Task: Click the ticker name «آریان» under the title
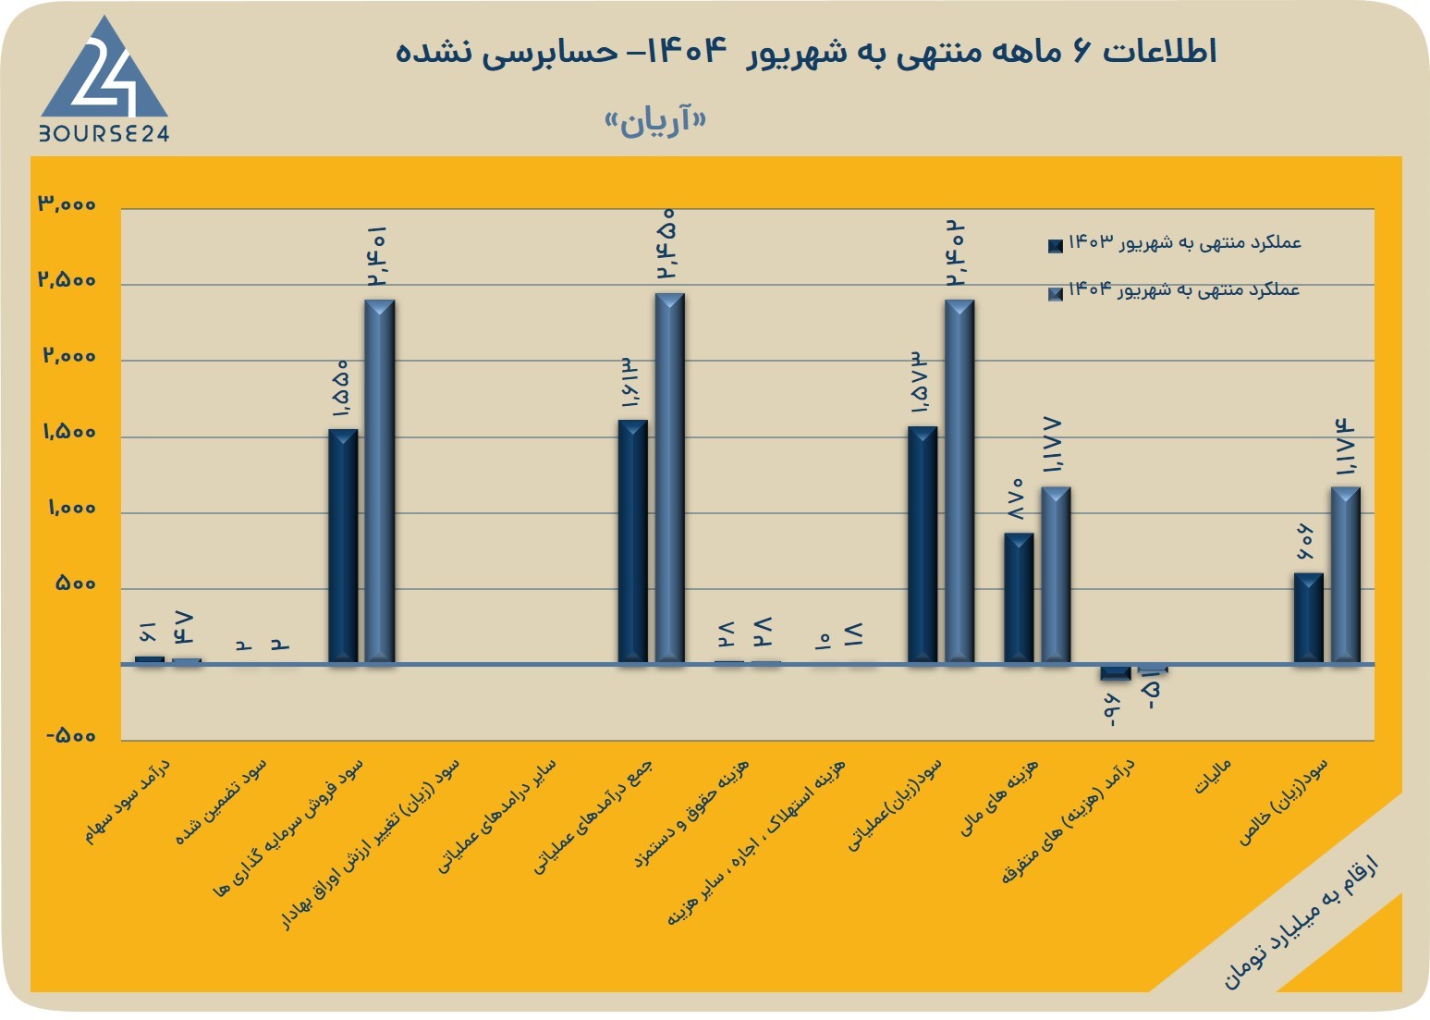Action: [x=655, y=120]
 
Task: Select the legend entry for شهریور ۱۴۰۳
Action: [x=1175, y=242]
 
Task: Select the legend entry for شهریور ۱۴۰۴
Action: [x=1174, y=290]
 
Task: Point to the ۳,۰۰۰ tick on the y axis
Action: [x=67, y=203]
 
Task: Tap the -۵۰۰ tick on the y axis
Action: [x=71, y=735]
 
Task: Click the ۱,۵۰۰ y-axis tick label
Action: [x=69, y=432]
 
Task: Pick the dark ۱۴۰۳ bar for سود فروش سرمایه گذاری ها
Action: [x=343, y=547]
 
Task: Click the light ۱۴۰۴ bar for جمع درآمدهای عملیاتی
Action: [x=669, y=478]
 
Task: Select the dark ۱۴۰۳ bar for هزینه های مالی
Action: [x=1019, y=597]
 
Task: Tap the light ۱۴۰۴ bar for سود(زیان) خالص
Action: [x=1346, y=575]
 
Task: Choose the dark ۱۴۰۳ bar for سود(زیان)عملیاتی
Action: [x=923, y=545]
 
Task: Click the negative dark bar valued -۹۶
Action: [x=1116, y=672]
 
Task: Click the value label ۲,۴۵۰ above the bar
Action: [x=666, y=243]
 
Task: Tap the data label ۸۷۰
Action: [x=1016, y=498]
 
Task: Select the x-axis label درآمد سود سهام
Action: [x=127, y=801]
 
